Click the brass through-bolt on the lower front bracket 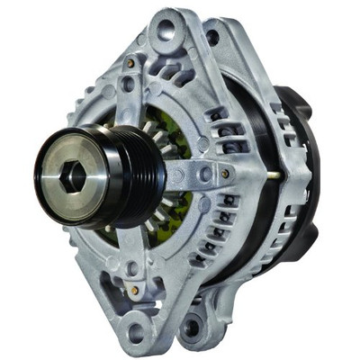132,291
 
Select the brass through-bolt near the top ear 131,64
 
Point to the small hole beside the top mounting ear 212,37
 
